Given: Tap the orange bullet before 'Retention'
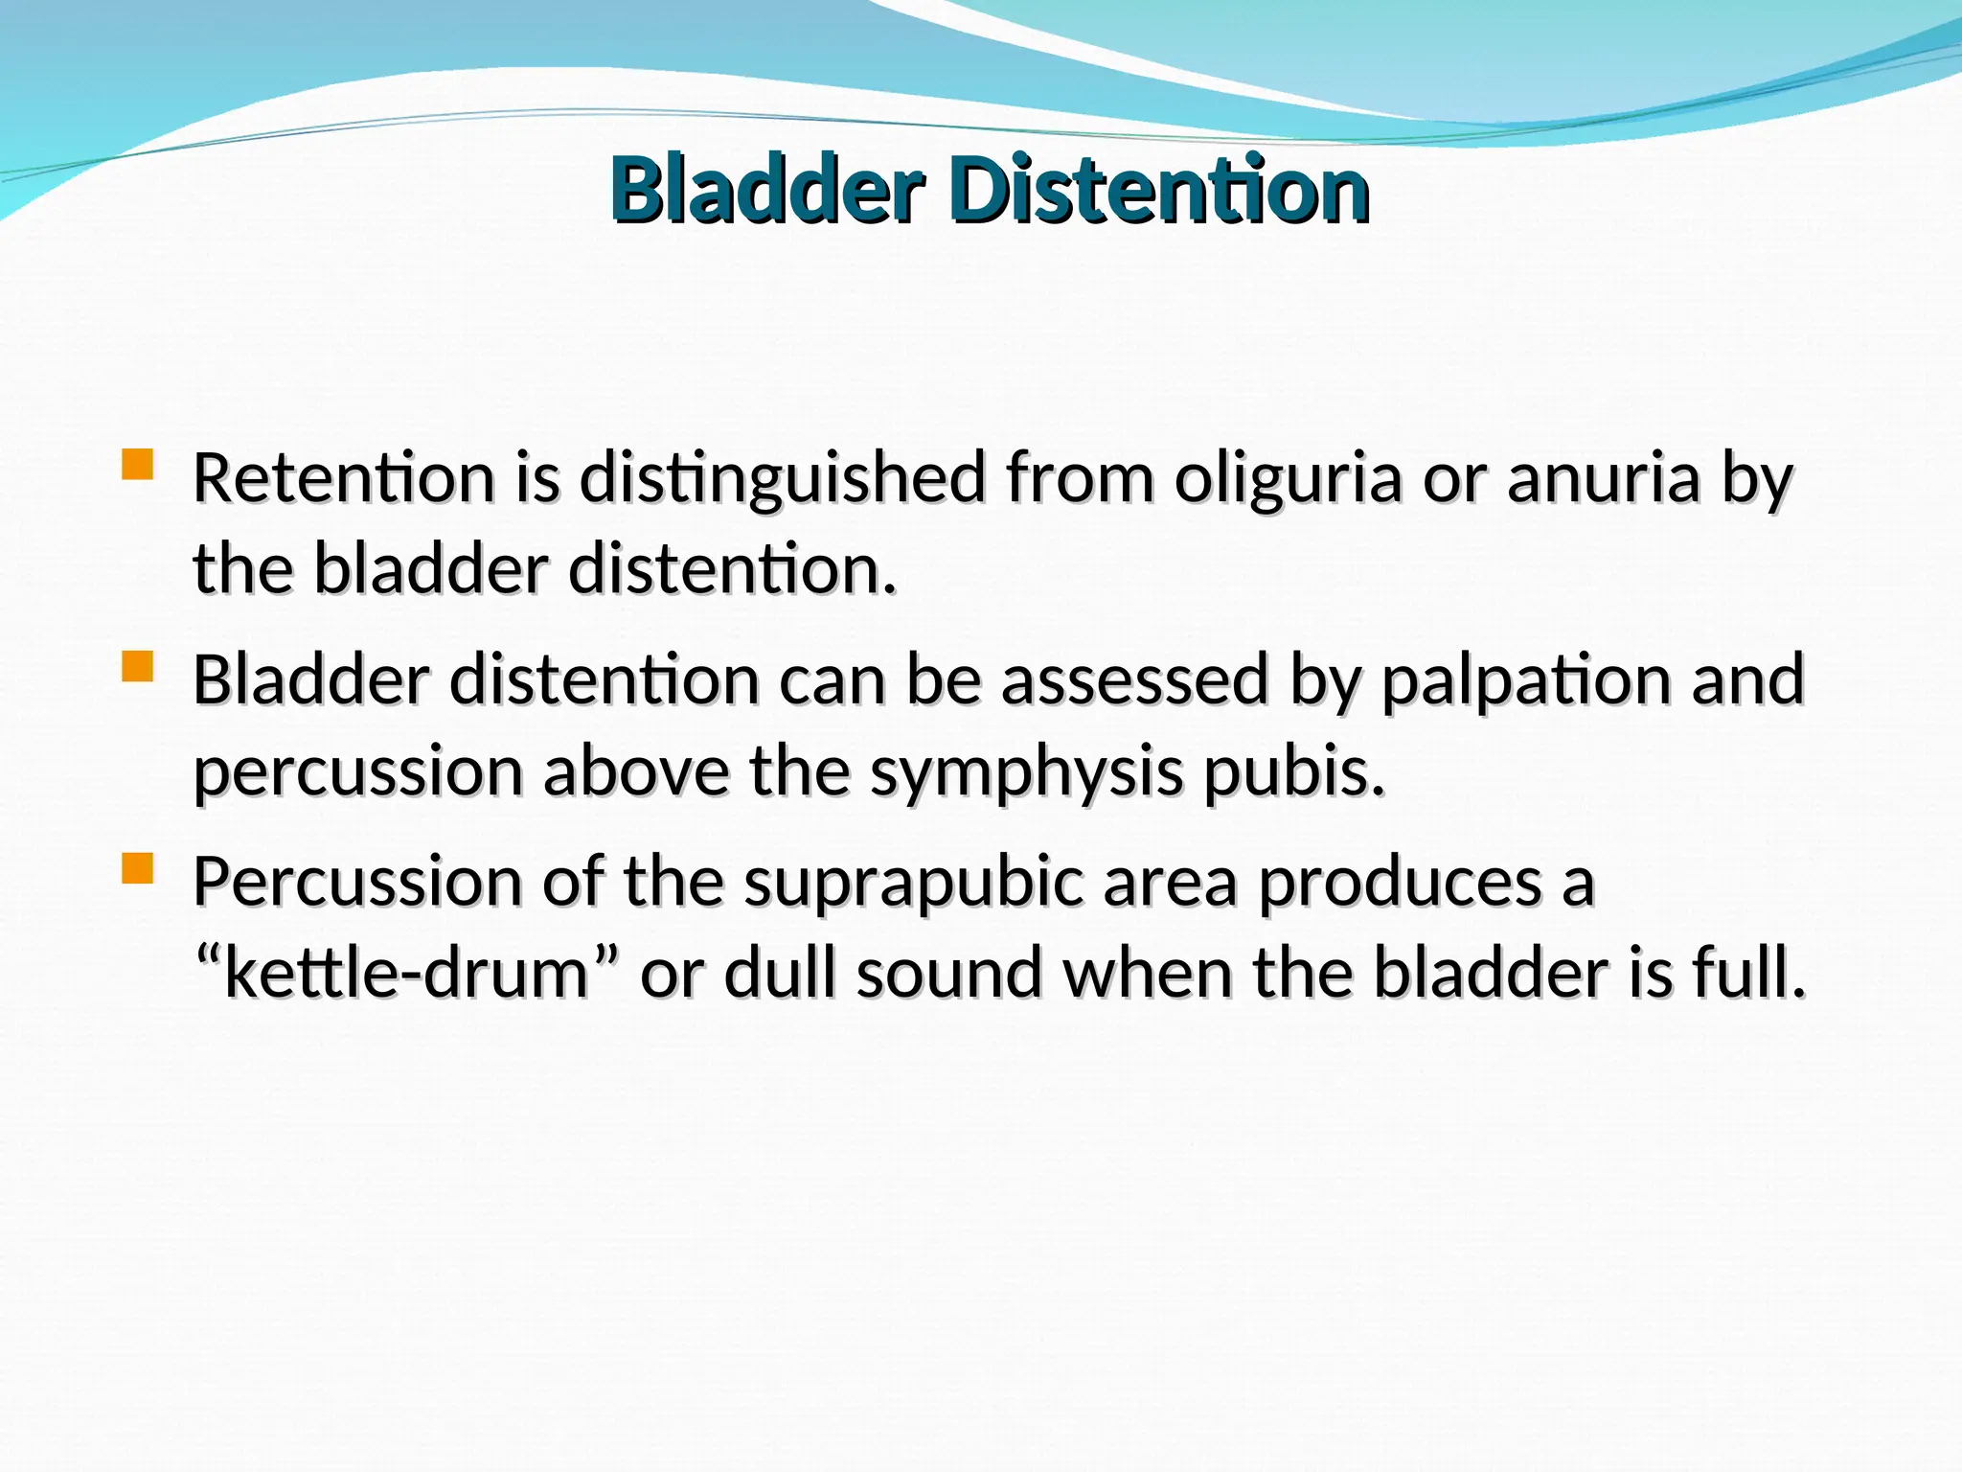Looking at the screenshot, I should coord(138,465).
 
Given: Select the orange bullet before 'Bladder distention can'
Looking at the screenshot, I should coord(138,666).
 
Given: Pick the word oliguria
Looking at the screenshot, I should coord(1288,479).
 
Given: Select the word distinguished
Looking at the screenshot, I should coord(782,479).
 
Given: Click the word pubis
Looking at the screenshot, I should coord(1293,772).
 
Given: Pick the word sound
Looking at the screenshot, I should coord(947,972).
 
